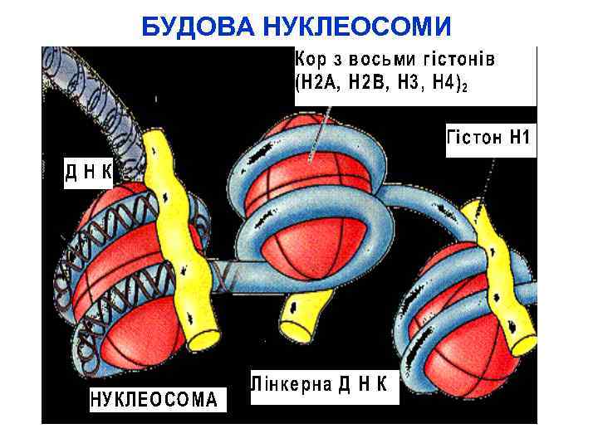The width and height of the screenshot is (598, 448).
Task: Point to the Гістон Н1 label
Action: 488,138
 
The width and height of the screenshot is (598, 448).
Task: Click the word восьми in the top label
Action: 380,59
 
